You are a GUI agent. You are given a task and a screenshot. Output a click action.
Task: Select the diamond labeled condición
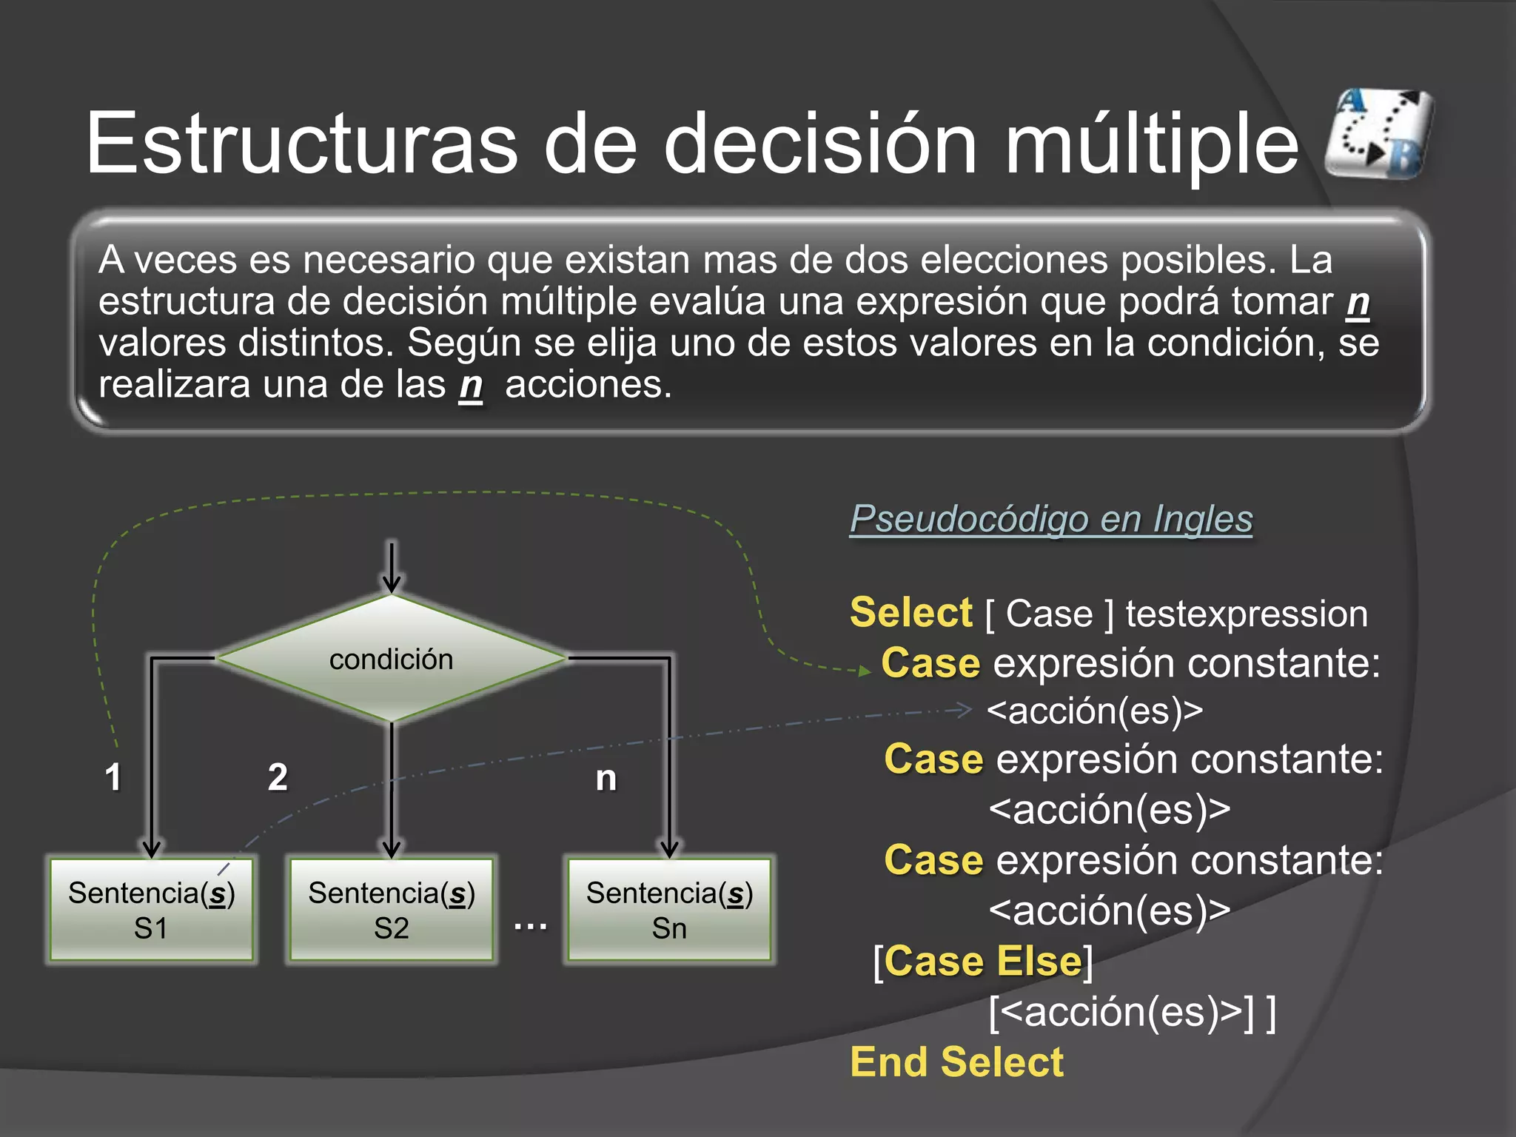coord(391,658)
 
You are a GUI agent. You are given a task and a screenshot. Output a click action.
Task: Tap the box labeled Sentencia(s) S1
coord(152,910)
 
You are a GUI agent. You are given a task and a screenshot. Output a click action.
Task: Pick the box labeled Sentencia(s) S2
coord(391,910)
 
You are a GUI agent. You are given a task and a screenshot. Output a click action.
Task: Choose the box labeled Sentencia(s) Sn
coord(669,910)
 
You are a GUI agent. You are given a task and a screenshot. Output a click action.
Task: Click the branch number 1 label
coord(113,777)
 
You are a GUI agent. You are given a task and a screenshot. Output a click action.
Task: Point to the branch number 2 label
coord(278,777)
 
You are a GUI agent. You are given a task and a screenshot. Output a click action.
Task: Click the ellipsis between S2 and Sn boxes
coord(530,925)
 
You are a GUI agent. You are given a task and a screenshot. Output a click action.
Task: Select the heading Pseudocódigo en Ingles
coord(1050,519)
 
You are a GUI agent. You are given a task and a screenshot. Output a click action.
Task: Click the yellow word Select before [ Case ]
coord(910,613)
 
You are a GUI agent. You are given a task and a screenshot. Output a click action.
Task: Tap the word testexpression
coord(1246,614)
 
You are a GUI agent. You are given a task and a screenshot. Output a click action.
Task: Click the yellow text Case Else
coord(983,962)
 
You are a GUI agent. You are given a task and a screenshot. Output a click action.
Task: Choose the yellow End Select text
coord(956,1062)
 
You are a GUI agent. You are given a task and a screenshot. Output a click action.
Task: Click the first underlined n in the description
coord(1357,302)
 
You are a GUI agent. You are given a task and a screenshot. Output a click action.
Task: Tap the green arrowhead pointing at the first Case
coord(864,671)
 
